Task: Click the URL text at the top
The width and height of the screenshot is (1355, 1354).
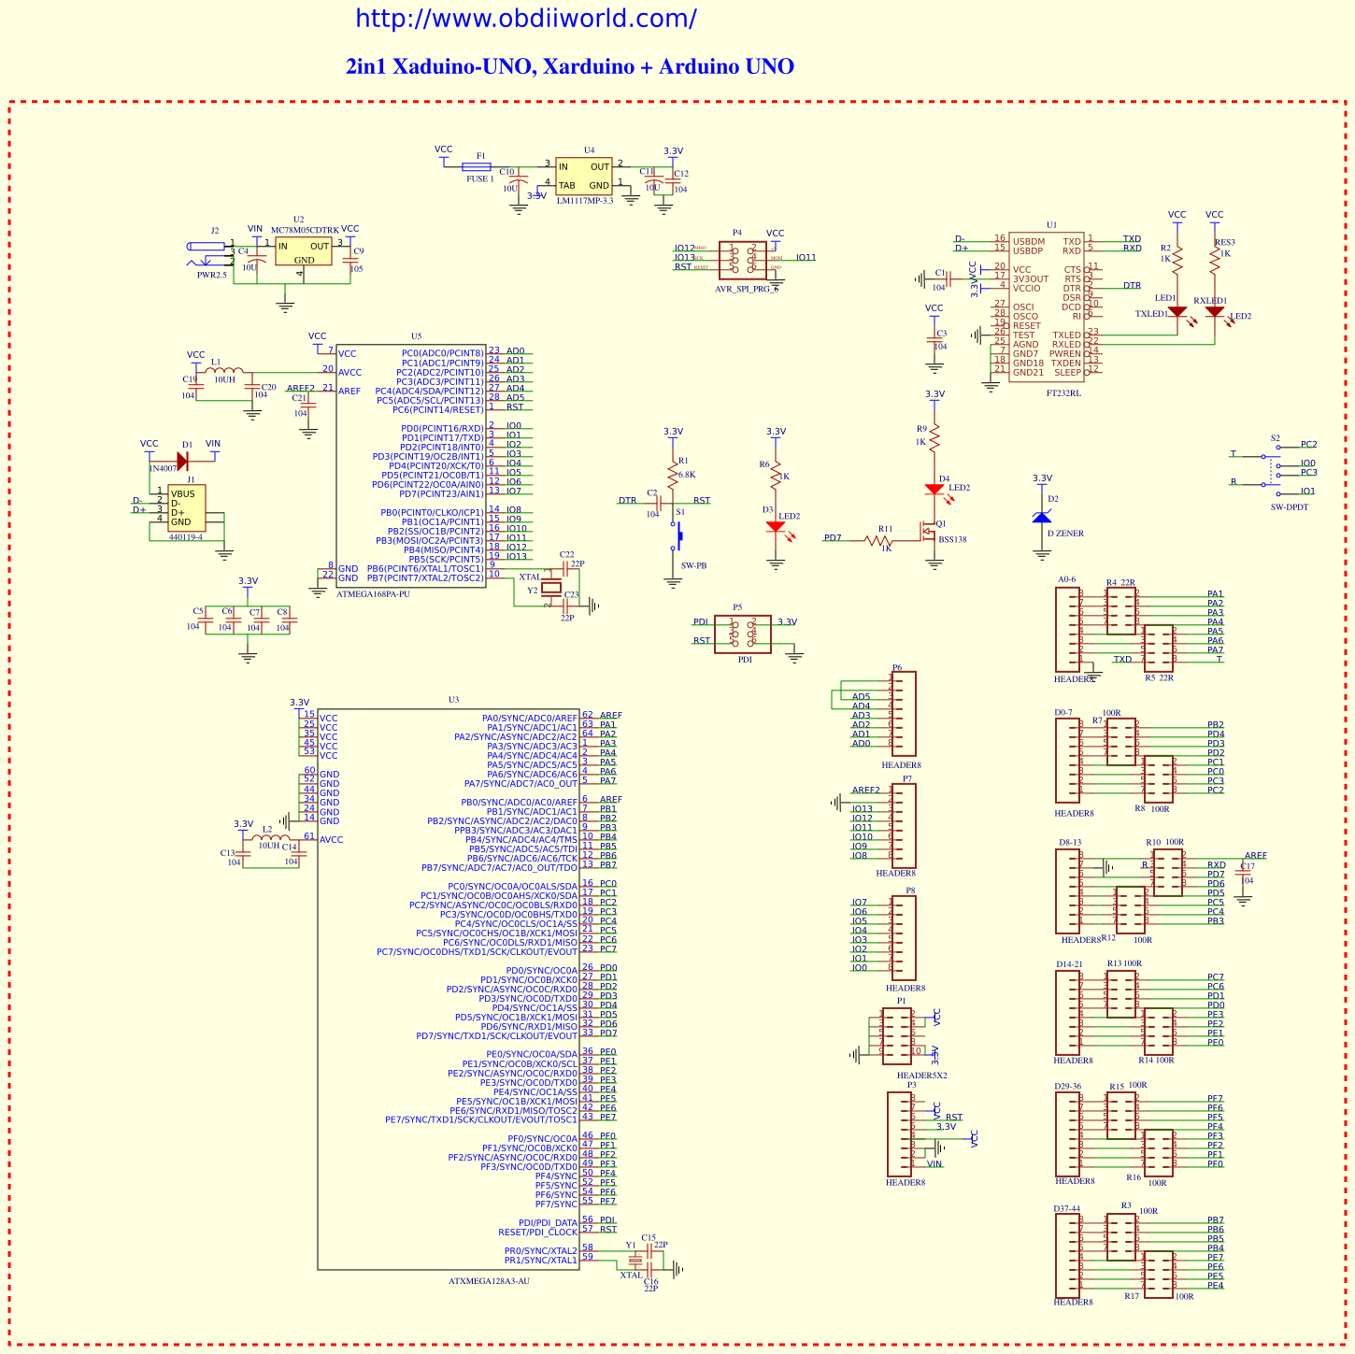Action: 525,19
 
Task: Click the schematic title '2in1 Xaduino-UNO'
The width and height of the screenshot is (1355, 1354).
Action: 569,66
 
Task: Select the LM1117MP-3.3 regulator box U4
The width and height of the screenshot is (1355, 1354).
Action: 584,176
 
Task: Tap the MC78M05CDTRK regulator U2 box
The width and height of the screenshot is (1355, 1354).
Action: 303,250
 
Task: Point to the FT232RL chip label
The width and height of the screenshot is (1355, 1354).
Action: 1063,393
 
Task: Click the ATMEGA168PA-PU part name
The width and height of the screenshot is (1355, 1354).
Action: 373,593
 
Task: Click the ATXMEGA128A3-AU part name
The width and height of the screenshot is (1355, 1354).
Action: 489,1280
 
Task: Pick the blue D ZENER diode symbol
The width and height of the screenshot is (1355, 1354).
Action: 1042,517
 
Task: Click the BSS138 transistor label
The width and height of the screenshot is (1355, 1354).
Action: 952,539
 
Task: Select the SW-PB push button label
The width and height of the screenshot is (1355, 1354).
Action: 693,565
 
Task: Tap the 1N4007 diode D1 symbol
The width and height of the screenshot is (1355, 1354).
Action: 182,460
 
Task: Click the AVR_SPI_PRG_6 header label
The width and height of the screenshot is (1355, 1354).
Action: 746,289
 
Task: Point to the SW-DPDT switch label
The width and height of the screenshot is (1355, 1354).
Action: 1290,506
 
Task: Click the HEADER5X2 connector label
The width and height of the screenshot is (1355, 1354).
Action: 921,1075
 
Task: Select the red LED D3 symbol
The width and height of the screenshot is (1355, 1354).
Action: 775,527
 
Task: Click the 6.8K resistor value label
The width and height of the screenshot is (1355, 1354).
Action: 687,474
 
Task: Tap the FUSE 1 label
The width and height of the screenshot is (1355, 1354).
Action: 479,178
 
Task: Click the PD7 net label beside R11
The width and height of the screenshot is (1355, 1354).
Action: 833,537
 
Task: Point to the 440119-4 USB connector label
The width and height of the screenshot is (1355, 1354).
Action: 185,536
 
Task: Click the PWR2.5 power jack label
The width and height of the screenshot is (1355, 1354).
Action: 211,275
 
